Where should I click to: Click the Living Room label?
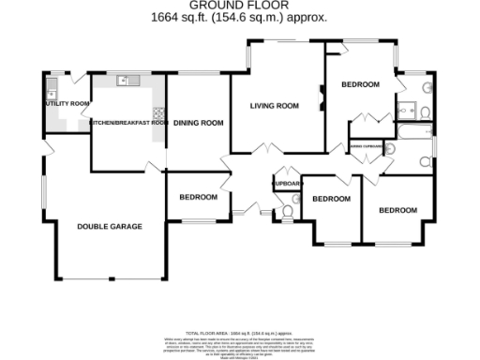[x=274, y=106]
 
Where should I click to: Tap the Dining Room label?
[x=198, y=123]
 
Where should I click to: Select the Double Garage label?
[x=109, y=227]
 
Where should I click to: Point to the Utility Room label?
[x=67, y=103]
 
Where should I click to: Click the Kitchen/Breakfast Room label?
[x=128, y=123]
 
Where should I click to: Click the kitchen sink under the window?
[x=127, y=82]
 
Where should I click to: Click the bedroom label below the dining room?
[x=198, y=197]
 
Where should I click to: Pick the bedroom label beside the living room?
[x=360, y=85]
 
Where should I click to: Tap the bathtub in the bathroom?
[x=412, y=145]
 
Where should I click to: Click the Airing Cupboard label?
[x=365, y=146]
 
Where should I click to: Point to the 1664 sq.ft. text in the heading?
[x=178, y=17]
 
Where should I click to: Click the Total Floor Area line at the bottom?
[x=240, y=333]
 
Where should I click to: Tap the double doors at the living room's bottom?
[x=266, y=151]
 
